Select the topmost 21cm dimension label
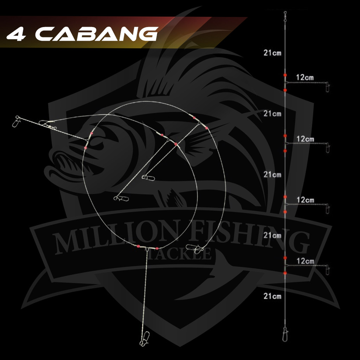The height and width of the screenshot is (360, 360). pos(272,53)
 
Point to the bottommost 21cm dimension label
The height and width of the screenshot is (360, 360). pos(272,296)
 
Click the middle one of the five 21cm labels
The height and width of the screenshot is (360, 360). pos(272,174)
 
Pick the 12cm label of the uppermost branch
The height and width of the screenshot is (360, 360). pos(304,77)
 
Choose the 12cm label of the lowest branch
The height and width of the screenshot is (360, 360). pos(305,261)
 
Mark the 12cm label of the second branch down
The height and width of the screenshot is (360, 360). pos(305,139)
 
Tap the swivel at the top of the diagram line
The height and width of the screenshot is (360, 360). pos(285,14)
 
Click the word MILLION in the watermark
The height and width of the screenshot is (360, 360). pos(116,239)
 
